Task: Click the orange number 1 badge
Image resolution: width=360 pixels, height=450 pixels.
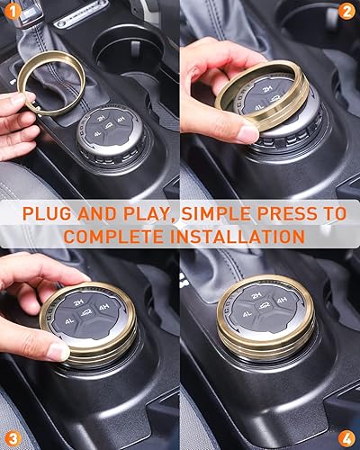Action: tap(12, 12)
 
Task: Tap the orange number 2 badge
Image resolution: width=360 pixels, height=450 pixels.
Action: tap(346, 12)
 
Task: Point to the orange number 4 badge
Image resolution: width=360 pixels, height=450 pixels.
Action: tap(346, 437)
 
